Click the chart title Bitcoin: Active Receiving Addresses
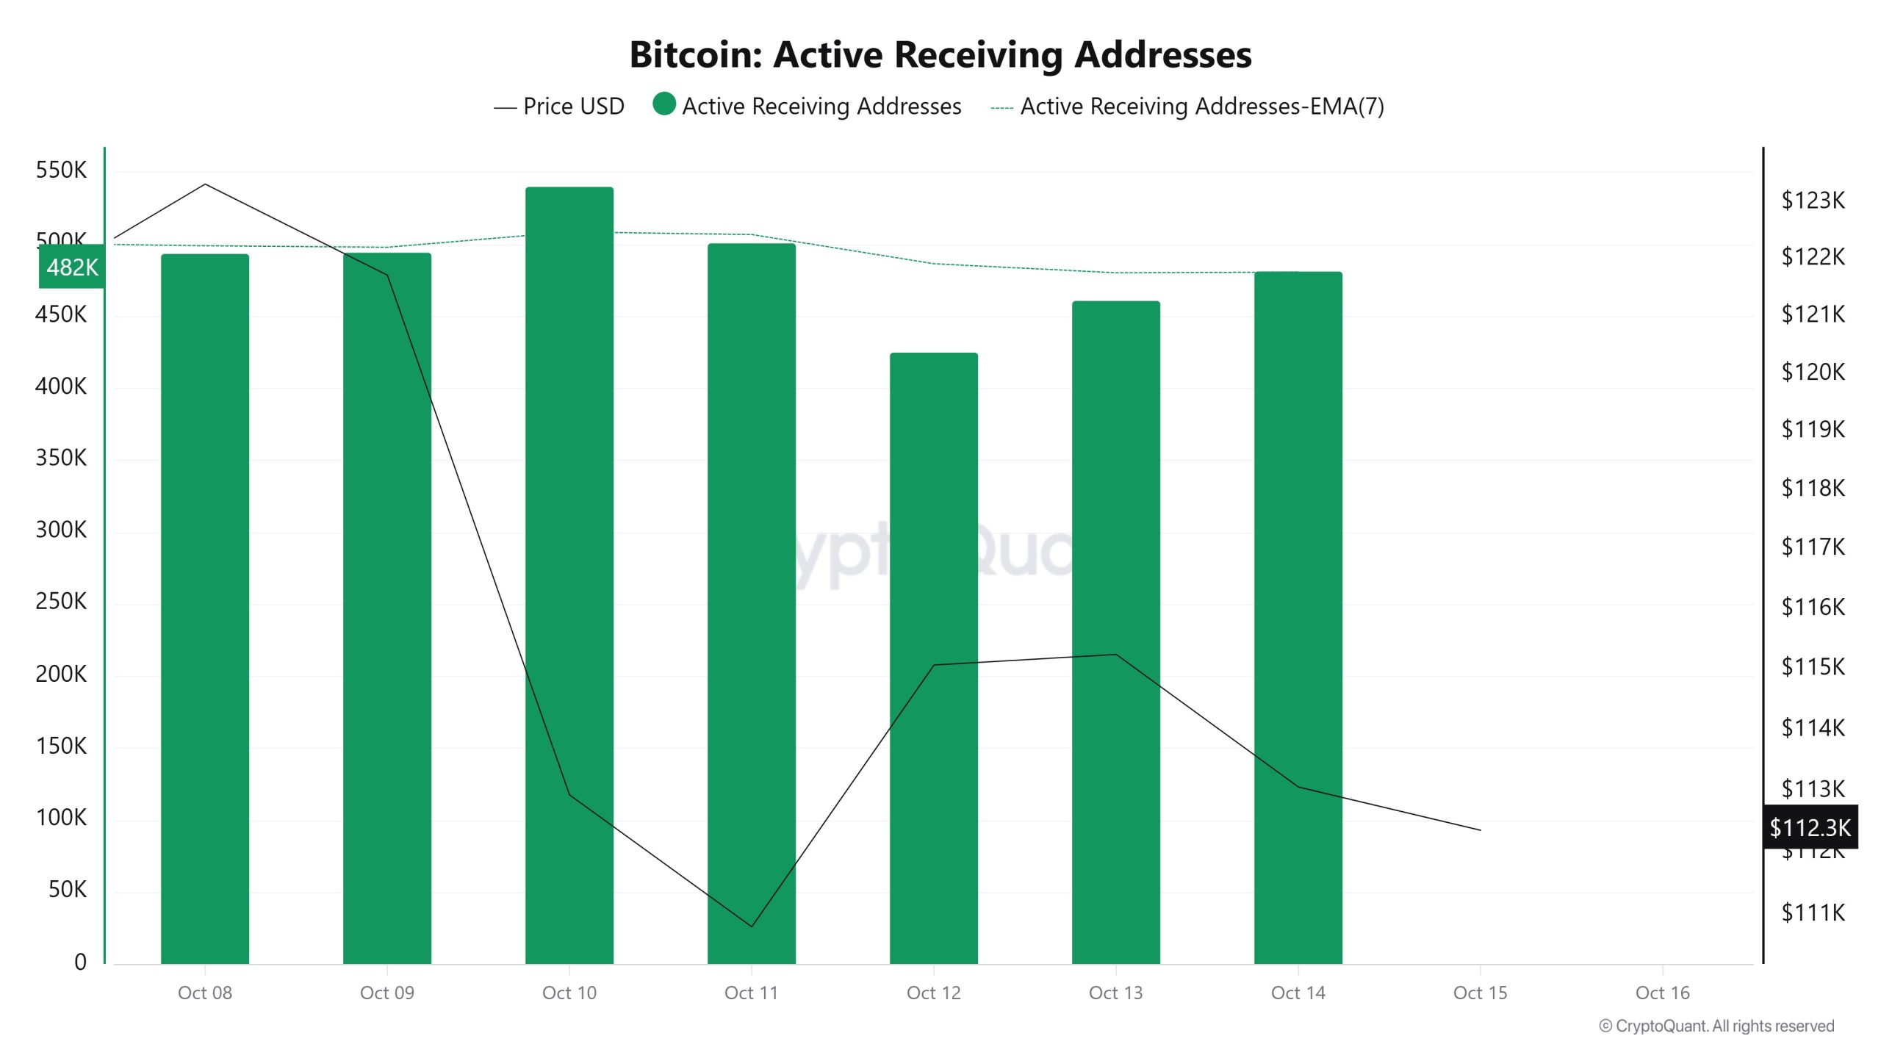coord(940,55)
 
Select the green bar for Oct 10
coord(569,573)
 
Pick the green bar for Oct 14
coord(1298,617)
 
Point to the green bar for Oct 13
coord(1115,632)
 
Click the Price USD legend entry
coord(559,107)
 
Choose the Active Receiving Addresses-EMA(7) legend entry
coord(1187,107)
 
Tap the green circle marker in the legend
coord(664,104)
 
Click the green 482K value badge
coord(71,267)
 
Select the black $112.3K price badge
coord(1810,827)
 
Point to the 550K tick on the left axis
coord(61,170)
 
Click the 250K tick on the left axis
coord(61,602)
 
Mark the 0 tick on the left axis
coord(80,962)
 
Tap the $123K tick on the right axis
coord(1813,200)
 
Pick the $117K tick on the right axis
coord(1813,547)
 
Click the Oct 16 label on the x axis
coord(1662,993)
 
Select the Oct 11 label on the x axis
coord(751,993)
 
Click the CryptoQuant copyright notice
coord(1716,1026)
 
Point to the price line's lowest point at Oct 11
coord(751,926)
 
